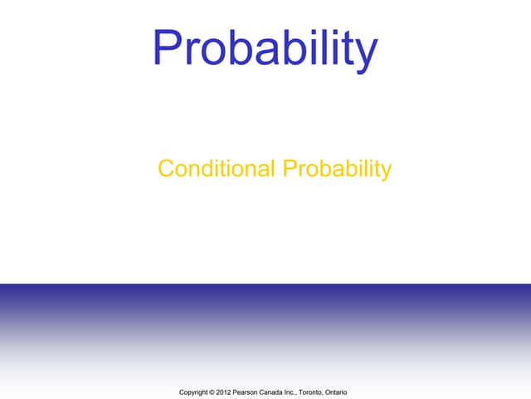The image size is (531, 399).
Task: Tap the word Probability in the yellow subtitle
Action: pyautogui.click(x=337, y=170)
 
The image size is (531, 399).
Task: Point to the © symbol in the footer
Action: pyautogui.click(x=212, y=391)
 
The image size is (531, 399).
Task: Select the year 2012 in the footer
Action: pyautogui.click(x=225, y=391)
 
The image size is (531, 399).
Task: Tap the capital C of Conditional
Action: pyautogui.click(x=165, y=170)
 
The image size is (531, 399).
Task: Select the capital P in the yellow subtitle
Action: pyautogui.click(x=290, y=170)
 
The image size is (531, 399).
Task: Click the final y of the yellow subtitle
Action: pyautogui.click(x=386, y=173)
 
